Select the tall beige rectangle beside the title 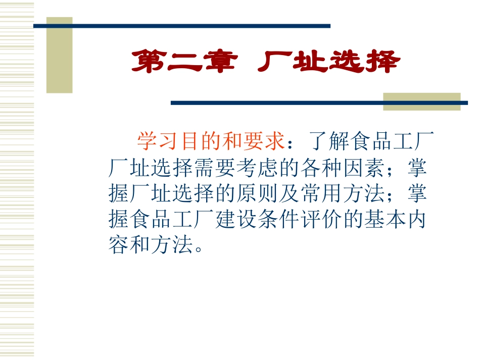pyautogui.click(x=60, y=56)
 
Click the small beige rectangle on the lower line pyautogui.click(x=421, y=101)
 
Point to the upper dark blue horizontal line pyautogui.click(x=182, y=26)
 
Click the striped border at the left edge pyautogui.click(x=17, y=180)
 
